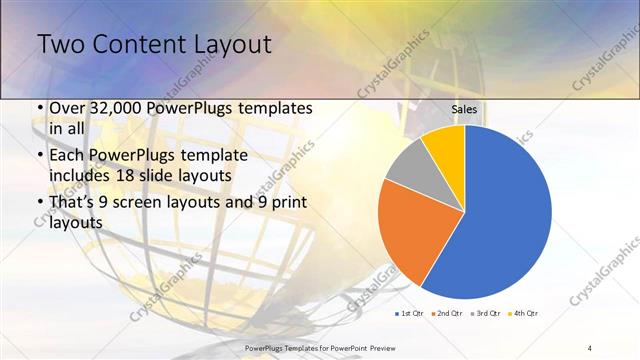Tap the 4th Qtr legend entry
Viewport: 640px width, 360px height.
pyautogui.click(x=525, y=314)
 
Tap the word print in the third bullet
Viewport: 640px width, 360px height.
pyautogui.click(x=289, y=204)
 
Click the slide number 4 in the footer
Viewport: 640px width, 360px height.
pyautogui.click(x=590, y=347)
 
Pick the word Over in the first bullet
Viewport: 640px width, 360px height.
pyautogui.click(x=68, y=109)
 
